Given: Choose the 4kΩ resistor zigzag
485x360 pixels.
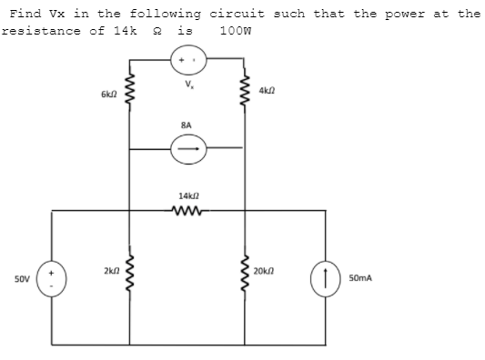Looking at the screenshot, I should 243,92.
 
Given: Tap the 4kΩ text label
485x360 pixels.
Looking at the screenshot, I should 266,91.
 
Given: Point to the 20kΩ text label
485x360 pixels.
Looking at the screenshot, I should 266,271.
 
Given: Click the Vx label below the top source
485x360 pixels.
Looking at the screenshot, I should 187,87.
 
